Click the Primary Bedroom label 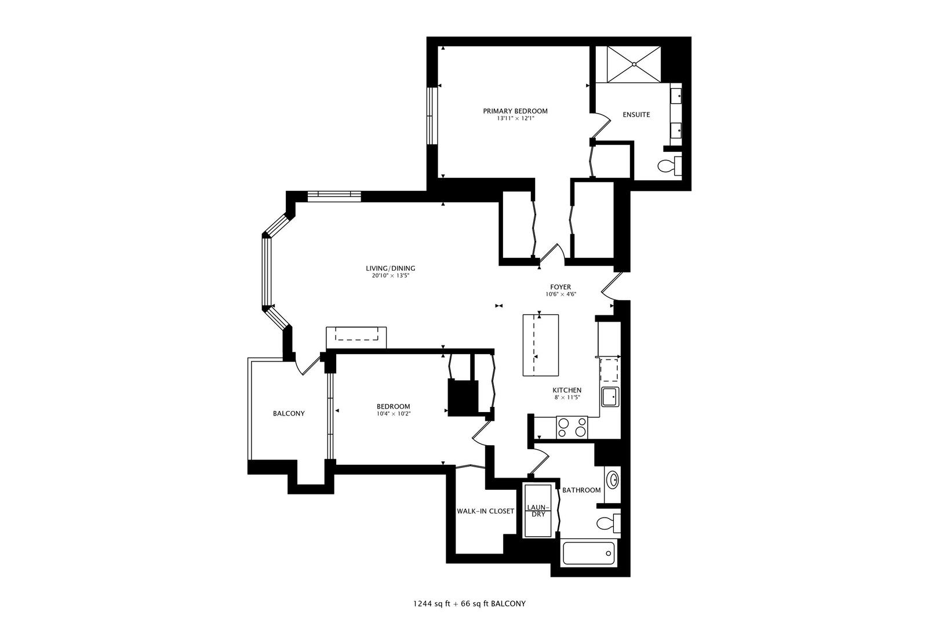tap(515, 111)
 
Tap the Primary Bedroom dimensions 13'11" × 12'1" tap(515, 118)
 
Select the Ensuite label tap(636, 115)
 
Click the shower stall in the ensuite tap(634, 64)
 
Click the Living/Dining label tap(390, 268)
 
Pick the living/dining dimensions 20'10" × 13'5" tap(390, 276)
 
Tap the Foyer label tap(561, 287)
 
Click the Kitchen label tap(567, 390)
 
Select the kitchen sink tap(610, 397)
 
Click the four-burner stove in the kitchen tap(572, 427)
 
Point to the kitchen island tap(541, 345)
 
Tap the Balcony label tap(289, 413)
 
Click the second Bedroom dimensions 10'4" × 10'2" tap(394, 414)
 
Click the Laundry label tap(538, 511)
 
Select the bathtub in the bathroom tap(589, 553)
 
